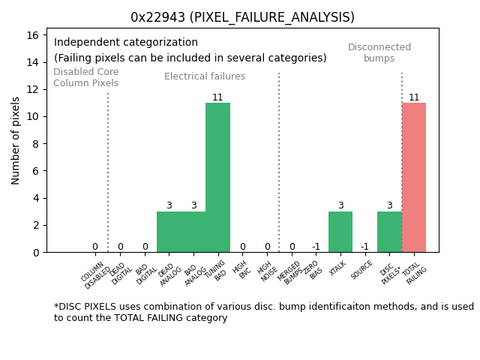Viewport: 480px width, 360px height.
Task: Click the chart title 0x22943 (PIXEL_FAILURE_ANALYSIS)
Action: [242, 17]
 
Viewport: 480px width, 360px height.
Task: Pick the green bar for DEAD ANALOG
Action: [169, 232]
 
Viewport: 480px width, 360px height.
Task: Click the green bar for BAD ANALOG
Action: [193, 232]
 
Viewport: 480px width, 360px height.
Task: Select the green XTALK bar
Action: [340, 232]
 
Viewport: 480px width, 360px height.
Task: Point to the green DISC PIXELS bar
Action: [389, 232]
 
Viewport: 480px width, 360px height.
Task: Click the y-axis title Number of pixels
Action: [16, 140]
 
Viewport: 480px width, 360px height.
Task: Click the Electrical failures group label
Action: [205, 76]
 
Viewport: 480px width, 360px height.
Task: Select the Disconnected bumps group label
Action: [379, 52]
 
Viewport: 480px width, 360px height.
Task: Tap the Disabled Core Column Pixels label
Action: [85, 78]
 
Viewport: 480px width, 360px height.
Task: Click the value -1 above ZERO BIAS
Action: [316, 247]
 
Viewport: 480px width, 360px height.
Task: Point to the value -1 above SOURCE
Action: [364, 247]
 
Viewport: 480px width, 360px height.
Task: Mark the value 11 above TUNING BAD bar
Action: [217, 97]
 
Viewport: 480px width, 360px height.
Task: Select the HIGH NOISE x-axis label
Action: [266, 272]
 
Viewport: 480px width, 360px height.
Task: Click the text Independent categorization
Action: [126, 43]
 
